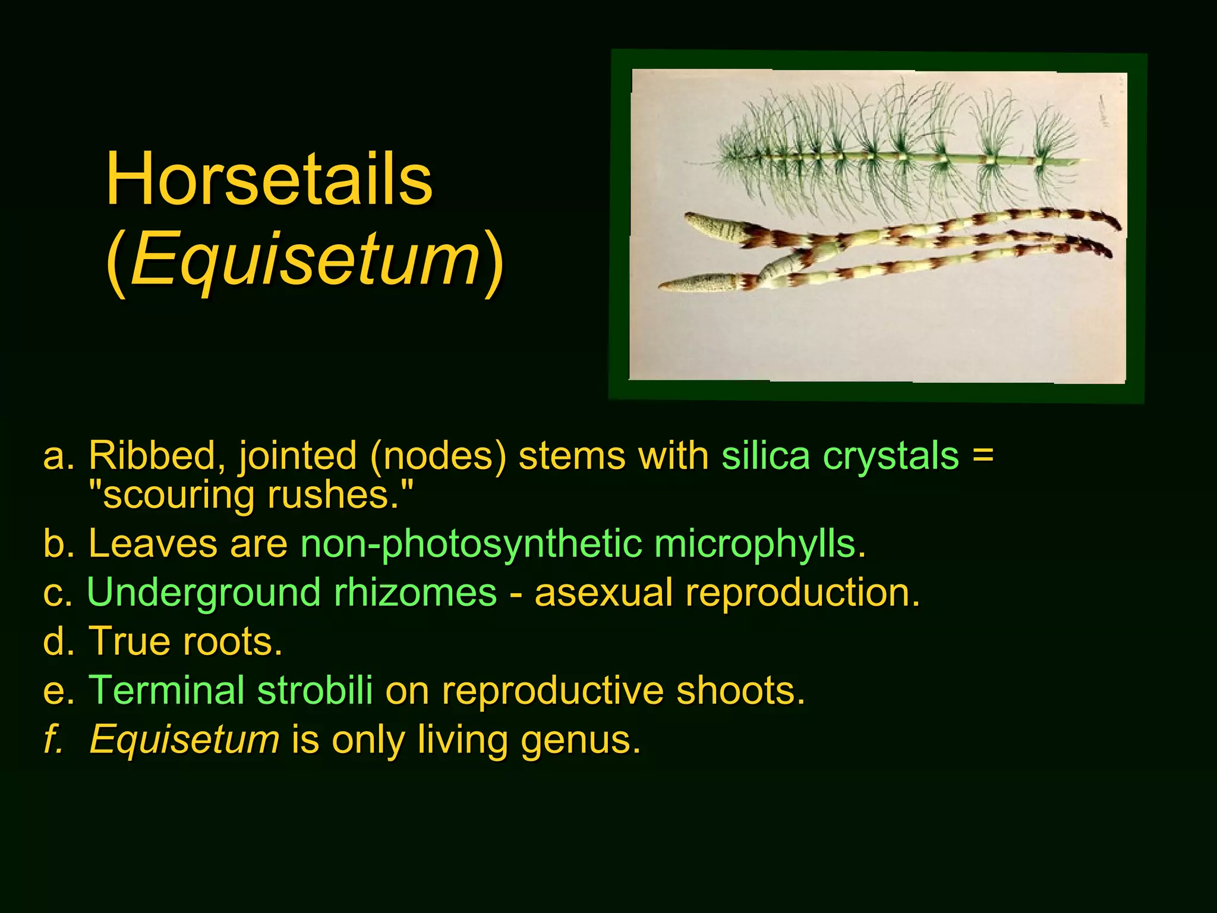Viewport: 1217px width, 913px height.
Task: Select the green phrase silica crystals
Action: (840, 456)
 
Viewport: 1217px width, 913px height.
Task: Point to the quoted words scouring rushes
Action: (250, 495)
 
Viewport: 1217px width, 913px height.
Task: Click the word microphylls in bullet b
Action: (759, 544)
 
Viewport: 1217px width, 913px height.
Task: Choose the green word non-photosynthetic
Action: (471, 544)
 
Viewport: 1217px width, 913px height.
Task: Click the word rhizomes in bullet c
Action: (415, 593)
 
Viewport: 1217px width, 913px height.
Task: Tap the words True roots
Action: (185, 641)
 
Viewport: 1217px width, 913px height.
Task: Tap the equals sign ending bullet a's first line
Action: (983, 456)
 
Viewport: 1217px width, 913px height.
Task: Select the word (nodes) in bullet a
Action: (439, 456)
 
